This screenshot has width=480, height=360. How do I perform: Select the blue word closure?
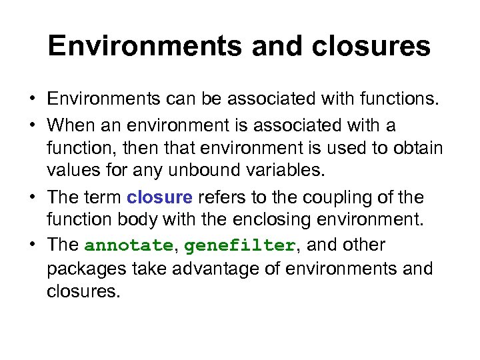click(159, 198)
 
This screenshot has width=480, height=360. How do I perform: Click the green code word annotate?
click(129, 245)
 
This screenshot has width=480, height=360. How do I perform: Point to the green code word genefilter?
click(239, 245)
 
